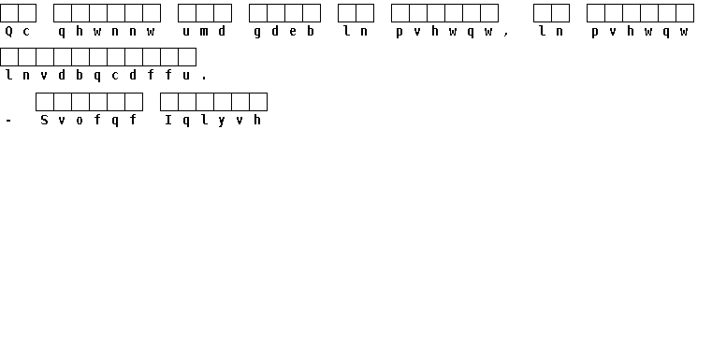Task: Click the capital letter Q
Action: tap(8, 31)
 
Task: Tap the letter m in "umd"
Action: tap(204, 32)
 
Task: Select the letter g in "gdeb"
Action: tap(257, 33)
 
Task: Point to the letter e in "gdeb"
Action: tap(293, 32)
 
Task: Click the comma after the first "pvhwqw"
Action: tap(506, 34)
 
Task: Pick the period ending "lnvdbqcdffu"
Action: tap(204, 78)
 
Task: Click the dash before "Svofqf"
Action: tap(8, 121)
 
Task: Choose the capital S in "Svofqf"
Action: tap(44, 120)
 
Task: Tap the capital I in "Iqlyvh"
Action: tap(168, 120)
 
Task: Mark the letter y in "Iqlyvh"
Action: tap(222, 122)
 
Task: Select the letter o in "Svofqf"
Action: tap(80, 121)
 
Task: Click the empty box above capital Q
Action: tap(9, 13)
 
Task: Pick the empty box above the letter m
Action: tap(205, 13)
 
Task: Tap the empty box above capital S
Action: tap(45, 102)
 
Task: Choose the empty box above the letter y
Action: tap(223, 102)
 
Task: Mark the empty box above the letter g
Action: tap(258, 13)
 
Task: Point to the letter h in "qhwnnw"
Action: tap(80, 31)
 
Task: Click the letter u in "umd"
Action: tap(186, 32)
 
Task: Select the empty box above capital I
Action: tap(169, 102)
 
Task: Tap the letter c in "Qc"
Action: tap(26, 32)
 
